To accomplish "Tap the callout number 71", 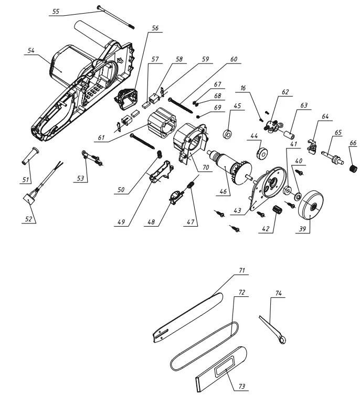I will (242, 272).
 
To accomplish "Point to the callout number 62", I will (284, 92).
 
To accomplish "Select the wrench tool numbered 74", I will (273, 329).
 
